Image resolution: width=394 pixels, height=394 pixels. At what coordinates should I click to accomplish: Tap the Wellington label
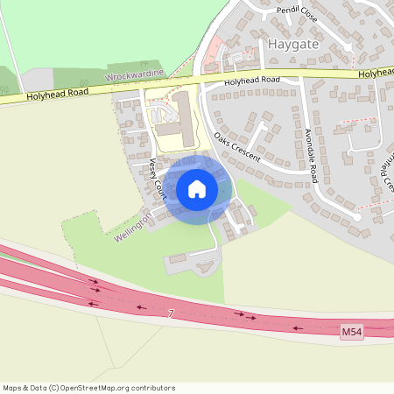[133, 226]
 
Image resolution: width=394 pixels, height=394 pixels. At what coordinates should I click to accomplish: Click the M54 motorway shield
[351, 331]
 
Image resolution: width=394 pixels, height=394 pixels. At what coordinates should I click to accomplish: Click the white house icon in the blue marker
[197, 189]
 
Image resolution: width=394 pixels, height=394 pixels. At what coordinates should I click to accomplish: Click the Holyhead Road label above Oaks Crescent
[251, 81]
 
